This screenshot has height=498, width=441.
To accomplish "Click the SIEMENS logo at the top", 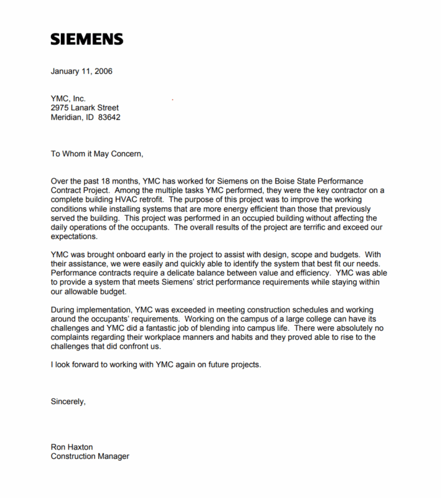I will tap(86, 39).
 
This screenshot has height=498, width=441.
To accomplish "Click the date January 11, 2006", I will tap(81, 71).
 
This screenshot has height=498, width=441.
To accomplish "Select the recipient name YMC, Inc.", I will tap(68, 98).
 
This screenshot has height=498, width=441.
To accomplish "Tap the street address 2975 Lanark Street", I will tap(85, 108).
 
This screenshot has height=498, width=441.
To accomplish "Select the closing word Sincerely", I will tap(68, 402).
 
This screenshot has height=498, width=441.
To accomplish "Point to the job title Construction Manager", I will tap(90, 456).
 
